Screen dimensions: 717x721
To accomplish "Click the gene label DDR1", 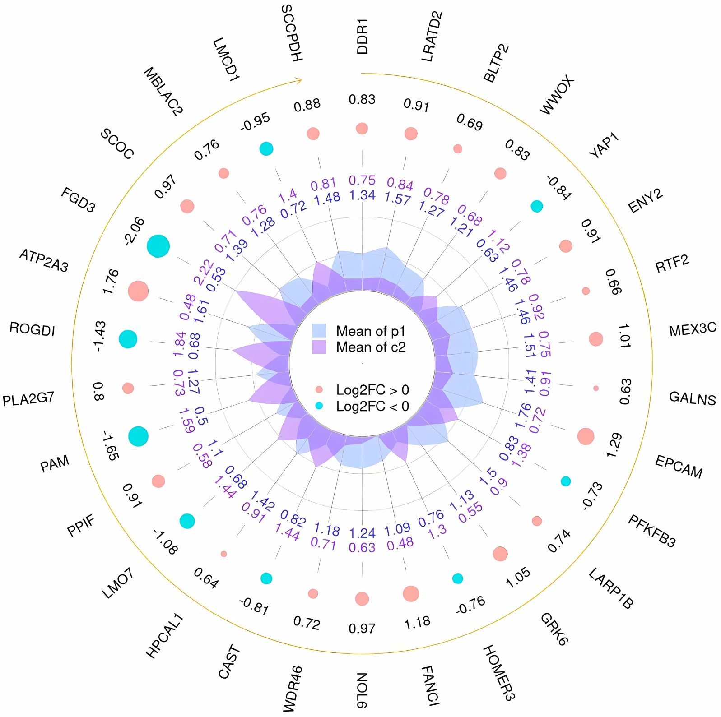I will tap(363, 37).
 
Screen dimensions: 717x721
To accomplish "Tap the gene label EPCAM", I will tap(679, 467).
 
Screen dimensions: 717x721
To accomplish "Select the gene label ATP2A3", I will tap(44, 261).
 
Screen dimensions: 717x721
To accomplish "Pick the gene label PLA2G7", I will tap(28, 399).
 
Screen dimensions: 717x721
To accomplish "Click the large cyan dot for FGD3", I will tap(158, 246).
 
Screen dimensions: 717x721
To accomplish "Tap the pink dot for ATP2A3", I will tap(138, 291).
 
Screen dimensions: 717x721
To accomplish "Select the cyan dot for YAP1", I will tap(536, 206).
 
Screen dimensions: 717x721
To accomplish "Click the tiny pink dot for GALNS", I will tap(596, 388).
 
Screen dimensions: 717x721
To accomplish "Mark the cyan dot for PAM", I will tap(138, 436).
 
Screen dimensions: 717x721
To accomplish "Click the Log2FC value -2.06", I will tap(135, 231).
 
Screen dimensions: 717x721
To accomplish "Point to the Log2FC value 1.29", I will tap(614, 445).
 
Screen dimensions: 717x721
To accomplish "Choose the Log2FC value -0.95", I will tap(256, 122).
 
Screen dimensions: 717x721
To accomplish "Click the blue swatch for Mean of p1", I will tap(319, 331).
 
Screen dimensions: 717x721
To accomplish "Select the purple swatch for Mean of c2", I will tap(319, 347).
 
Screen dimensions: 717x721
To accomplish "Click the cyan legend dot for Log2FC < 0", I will tap(319, 406).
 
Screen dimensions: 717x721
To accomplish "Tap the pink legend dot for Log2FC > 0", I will tap(319, 389).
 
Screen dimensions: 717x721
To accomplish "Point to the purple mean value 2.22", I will tap(204, 272).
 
